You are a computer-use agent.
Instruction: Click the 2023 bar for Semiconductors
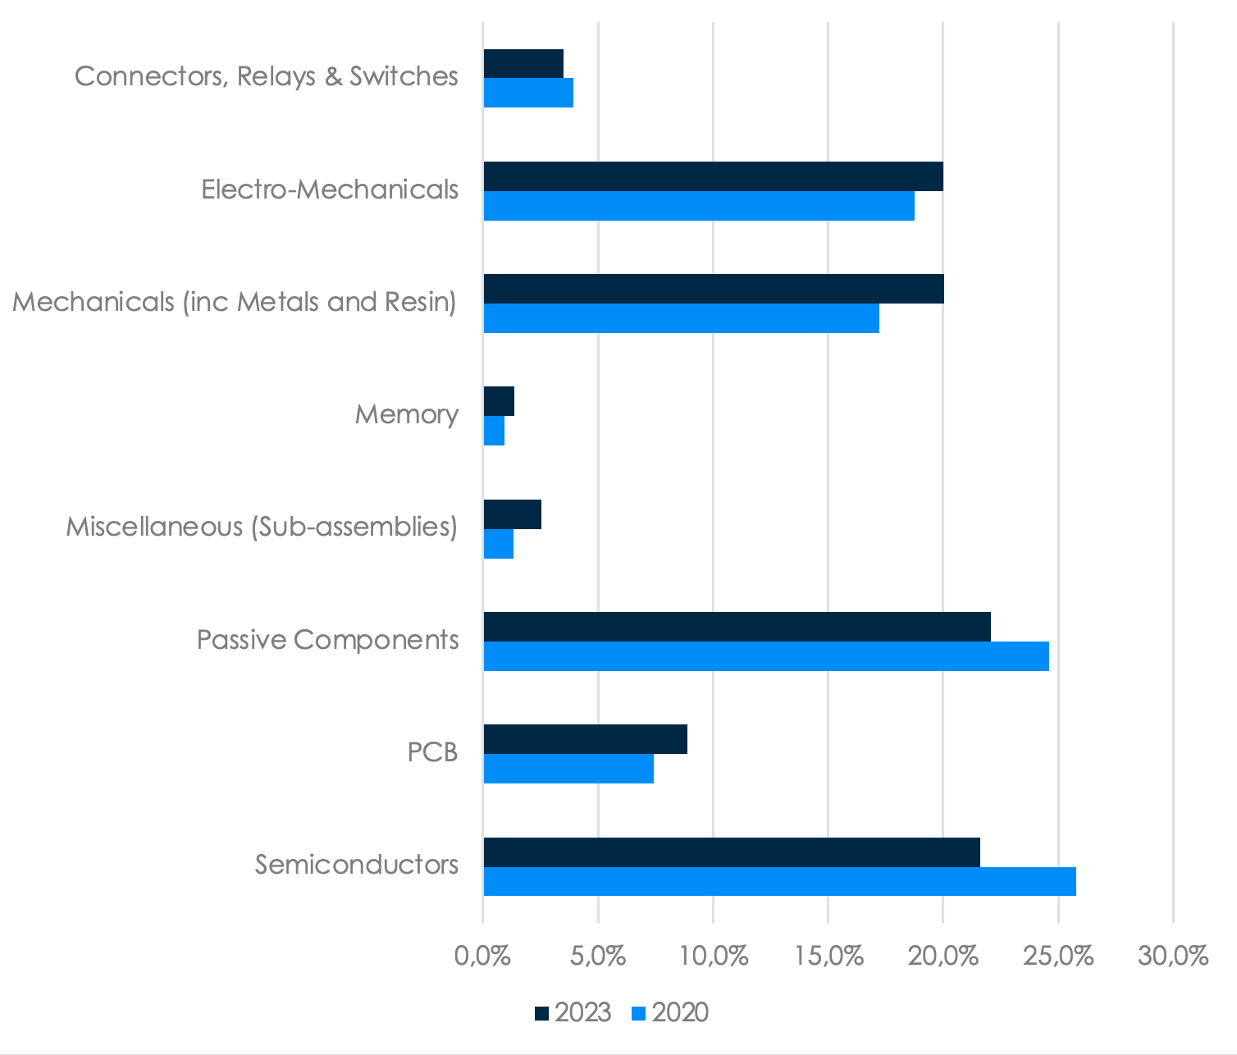732,852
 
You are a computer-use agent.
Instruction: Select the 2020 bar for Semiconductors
779,881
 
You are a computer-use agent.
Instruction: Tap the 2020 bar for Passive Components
766,656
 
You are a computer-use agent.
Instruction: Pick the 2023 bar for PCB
585,739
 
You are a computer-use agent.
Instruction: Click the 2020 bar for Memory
494,431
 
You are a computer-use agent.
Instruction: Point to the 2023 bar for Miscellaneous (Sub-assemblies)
512,514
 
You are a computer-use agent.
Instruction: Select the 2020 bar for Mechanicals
681,318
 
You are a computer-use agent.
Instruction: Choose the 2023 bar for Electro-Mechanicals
713,176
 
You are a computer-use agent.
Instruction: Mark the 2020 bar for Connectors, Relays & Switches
528,93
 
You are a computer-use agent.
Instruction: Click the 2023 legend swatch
541,1013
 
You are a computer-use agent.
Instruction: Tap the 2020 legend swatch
639,1013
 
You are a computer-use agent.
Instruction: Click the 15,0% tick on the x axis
829,957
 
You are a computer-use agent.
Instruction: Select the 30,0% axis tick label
1174,957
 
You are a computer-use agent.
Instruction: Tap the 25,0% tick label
1059,957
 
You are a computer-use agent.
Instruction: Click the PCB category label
432,751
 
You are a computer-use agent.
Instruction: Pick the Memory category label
406,413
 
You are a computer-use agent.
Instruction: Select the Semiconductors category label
356,864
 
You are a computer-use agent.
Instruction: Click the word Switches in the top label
404,75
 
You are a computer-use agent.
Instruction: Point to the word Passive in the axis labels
242,639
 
